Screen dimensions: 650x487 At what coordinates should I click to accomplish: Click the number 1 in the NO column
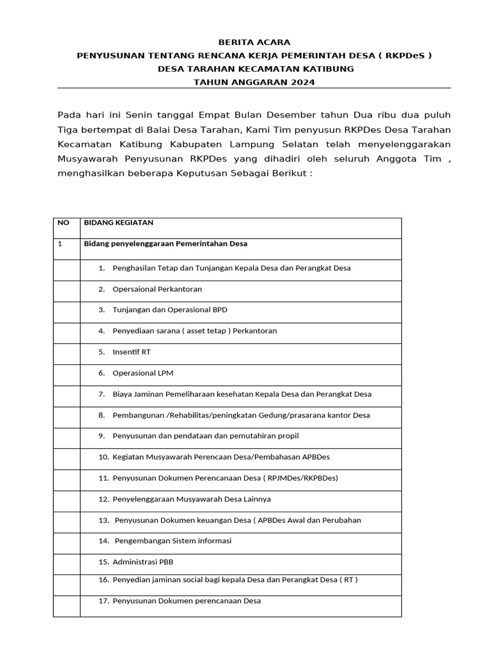coord(60,244)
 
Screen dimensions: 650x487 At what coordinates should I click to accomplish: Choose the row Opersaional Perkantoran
coord(157,289)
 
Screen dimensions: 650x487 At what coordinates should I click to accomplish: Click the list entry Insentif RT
coord(131,352)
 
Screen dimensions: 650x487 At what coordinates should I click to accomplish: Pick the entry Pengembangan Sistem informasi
coord(173,541)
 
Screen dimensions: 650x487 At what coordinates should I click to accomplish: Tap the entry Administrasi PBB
coord(143,562)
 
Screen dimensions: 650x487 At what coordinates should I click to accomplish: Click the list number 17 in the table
coord(104,600)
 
